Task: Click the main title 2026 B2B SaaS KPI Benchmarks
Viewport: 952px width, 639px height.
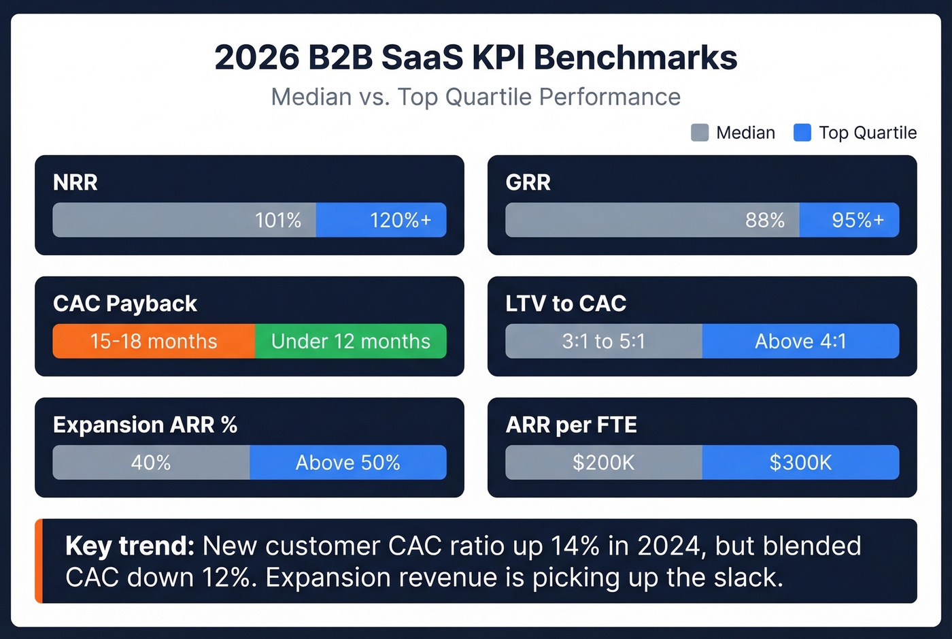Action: click(x=475, y=57)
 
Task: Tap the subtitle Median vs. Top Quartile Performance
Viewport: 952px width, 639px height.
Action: click(x=475, y=97)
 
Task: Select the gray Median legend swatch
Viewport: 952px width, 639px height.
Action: click(x=700, y=133)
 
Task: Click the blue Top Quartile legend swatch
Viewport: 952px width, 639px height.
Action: click(x=802, y=133)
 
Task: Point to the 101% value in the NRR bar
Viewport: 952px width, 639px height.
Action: click(x=277, y=220)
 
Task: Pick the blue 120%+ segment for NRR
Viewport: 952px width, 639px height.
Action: click(x=381, y=220)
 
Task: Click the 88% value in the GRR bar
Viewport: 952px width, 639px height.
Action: click(x=764, y=220)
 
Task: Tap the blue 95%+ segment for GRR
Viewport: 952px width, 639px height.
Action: click(x=849, y=220)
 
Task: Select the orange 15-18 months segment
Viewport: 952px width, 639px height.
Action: click(x=154, y=341)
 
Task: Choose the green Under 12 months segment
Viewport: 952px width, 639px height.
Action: click(x=351, y=341)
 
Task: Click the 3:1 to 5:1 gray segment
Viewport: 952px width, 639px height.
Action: click(x=603, y=341)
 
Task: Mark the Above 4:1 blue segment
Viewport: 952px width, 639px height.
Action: click(x=800, y=341)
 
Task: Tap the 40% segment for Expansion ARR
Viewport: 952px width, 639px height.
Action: click(x=151, y=463)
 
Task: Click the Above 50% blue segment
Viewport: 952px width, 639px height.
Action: click(x=348, y=463)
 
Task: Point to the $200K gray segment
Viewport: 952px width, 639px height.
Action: click(x=603, y=463)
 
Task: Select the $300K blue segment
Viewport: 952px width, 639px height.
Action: click(x=800, y=463)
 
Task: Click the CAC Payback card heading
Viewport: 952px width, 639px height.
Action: click(x=125, y=304)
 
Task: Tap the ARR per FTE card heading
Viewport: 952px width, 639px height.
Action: click(x=571, y=425)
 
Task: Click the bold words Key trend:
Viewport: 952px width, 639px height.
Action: click(x=130, y=546)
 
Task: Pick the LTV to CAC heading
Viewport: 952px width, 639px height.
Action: click(x=566, y=304)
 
